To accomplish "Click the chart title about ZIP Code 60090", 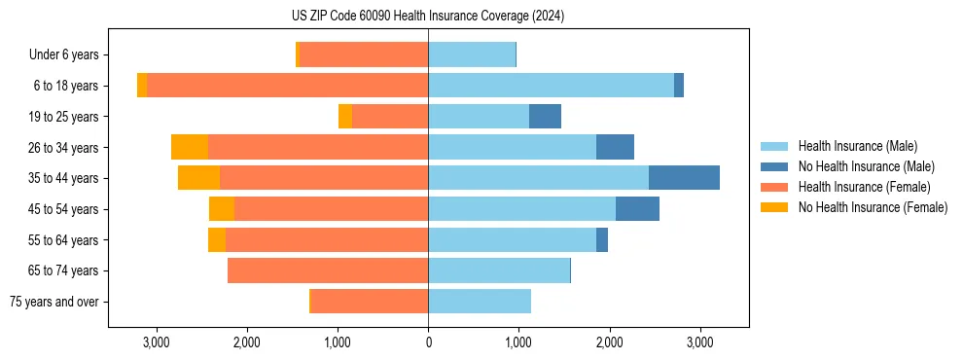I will (x=428, y=17).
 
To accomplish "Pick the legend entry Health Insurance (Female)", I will (x=865, y=187).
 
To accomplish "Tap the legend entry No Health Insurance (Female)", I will (x=873, y=207).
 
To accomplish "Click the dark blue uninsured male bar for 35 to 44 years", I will (x=684, y=178).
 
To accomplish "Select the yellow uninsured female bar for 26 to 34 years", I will (x=190, y=147).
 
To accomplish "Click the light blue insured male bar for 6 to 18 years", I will (x=551, y=86).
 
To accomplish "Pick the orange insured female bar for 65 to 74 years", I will (x=328, y=270).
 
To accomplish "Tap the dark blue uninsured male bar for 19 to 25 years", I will (x=545, y=117).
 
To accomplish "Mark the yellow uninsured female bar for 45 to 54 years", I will (x=222, y=209).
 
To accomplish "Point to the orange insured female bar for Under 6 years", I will (x=364, y=55).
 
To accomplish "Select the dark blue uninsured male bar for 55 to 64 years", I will (x=602, y=239).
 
